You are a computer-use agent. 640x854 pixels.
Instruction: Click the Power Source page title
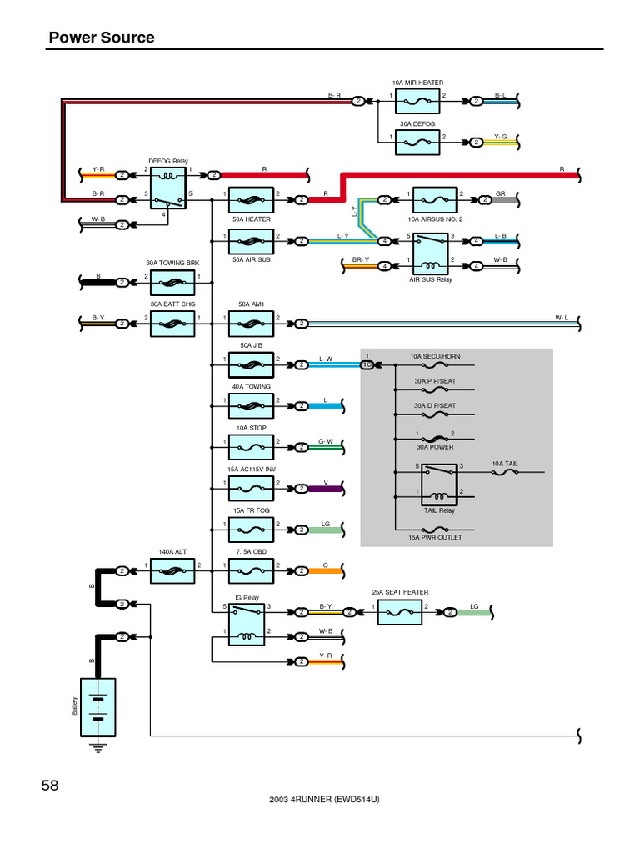coord(102,38)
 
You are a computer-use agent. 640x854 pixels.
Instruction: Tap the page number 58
coord(50,785)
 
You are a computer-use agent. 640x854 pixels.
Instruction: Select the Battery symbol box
coord(97,706)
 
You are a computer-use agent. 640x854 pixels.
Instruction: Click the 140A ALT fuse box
coord(173,571)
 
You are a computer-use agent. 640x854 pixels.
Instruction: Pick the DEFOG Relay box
coord(173,188)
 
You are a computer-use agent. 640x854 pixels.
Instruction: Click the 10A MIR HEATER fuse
coord(417,102)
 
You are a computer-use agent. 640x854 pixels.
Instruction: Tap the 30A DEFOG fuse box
coord(417,143)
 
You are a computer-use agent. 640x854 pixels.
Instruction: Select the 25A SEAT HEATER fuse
coord(400,612)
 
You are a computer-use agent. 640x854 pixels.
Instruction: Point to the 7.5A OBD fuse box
coord(251,571)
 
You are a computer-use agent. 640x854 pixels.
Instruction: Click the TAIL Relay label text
coord(439,510)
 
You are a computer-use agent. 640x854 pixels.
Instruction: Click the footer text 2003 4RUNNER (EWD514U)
coord(325,799)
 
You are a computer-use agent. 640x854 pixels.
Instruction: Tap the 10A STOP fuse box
coord(251,448)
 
